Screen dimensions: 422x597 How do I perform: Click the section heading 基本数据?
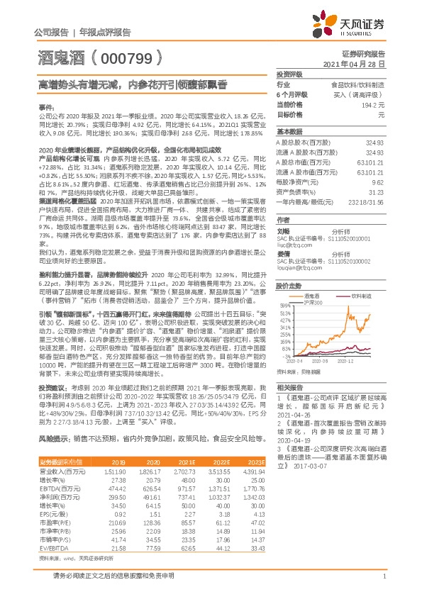(x=289, y=132)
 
